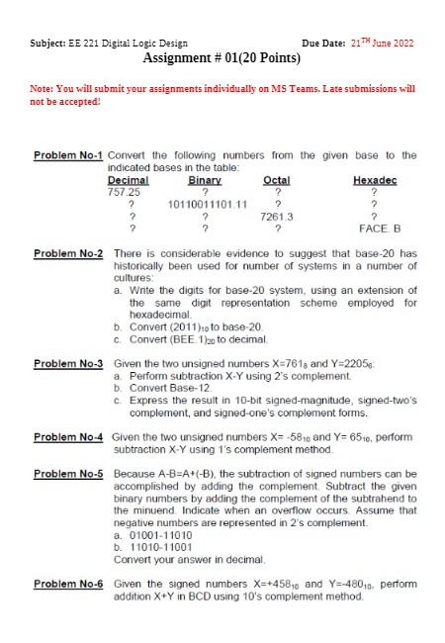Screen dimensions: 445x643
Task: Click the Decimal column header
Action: pyautogui.click(x=128, y=180)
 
